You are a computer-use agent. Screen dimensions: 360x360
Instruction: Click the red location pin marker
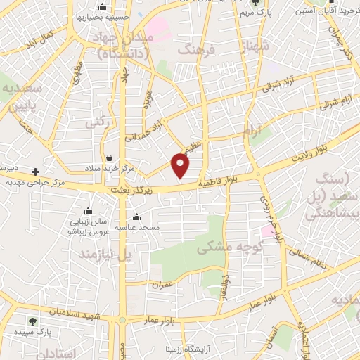(181, 165)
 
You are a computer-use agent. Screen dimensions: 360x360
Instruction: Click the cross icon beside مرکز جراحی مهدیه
(35, 172)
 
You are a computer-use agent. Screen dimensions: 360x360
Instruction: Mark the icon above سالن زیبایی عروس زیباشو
(88, 210)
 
